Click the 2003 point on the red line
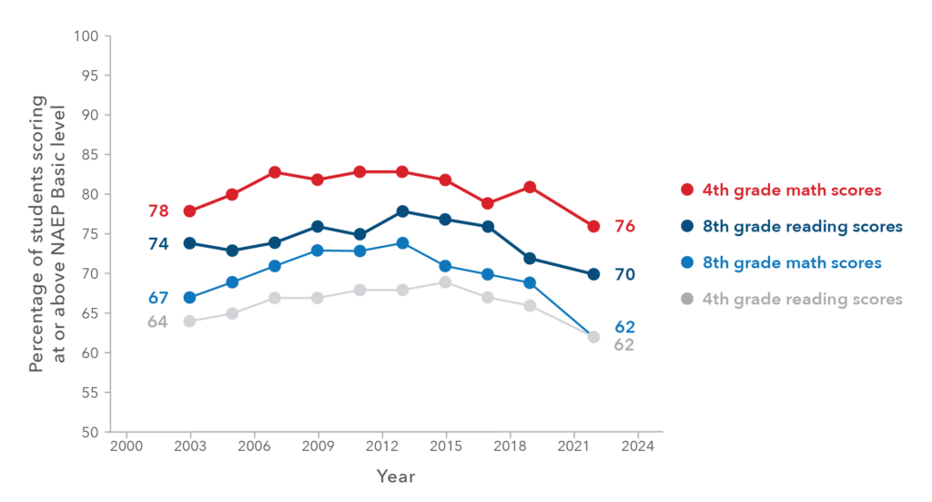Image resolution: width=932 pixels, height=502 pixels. [x=189, y=211]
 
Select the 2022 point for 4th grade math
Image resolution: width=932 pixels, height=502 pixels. [x=593, y=227]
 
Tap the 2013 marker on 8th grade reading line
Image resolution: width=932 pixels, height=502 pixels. [x=402, y=211]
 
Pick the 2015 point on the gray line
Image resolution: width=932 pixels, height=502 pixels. [x=445, y=282]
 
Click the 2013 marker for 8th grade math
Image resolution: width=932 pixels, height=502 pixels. [x=402, y=243]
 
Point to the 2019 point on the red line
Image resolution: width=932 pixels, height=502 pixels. [x=530, y=188]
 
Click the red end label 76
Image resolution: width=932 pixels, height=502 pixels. [x=624, y=227]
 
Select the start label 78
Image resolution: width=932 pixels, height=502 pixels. [x=158, y=211]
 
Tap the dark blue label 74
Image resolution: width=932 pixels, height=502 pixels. [x=158, y=243]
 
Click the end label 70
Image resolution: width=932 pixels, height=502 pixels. [x=624, y=274]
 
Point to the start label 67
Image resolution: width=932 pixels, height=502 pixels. [x=158, y=298]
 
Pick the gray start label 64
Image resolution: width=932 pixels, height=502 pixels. [x=158, y=322]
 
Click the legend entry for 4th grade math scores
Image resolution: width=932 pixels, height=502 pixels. [x=791, y=190]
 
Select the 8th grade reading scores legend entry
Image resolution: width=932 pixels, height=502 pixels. [x=801, y=227]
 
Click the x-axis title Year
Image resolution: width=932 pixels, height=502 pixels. [x=396, y=476]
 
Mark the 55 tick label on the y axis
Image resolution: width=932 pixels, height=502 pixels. [x=90, y=393]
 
